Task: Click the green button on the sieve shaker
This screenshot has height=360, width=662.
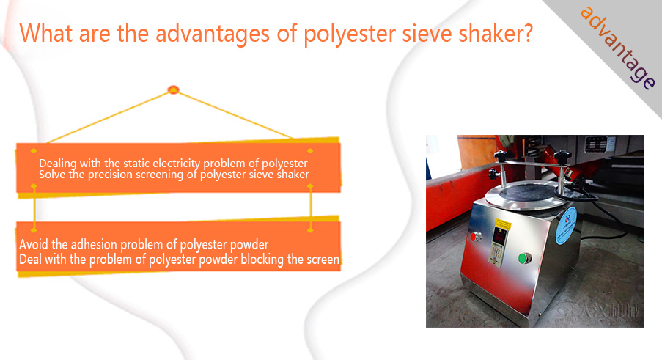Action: click(524, 258)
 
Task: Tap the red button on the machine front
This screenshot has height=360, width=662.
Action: click(475, 237)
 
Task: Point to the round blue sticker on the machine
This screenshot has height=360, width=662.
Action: click(566, 225)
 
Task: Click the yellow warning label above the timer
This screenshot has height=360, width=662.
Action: click(503, 224)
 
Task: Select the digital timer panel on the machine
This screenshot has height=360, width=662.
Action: click(499, 246)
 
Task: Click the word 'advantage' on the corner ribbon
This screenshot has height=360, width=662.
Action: click(618, 48)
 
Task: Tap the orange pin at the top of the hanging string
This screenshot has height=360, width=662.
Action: click(173, 89)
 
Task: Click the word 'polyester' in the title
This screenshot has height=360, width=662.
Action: click(350, 34)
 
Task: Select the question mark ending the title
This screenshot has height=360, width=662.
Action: click(526, 33)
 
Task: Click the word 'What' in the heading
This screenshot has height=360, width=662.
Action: click(45, 33)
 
